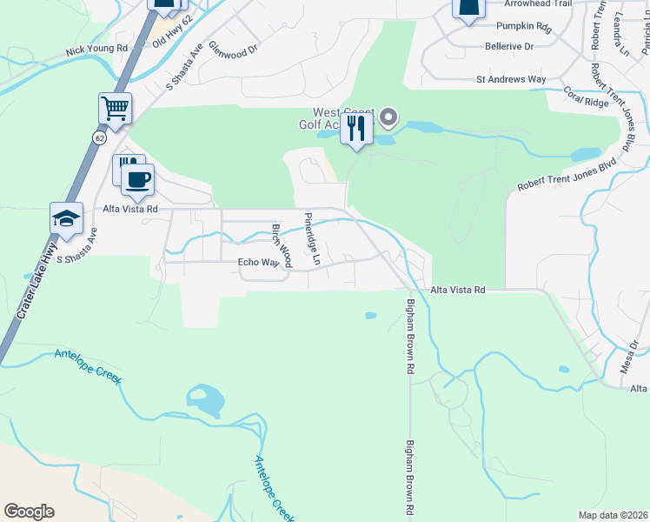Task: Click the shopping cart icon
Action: point(115,109)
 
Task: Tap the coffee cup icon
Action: point(137,180)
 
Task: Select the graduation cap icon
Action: point(67,218)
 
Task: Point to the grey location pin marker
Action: point(388,117)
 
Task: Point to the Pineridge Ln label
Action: point(313,238)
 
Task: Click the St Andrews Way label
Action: point(511,79)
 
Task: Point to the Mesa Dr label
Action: point(630,358)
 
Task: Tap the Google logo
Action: point(30,512)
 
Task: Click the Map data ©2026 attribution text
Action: point(613,515)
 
